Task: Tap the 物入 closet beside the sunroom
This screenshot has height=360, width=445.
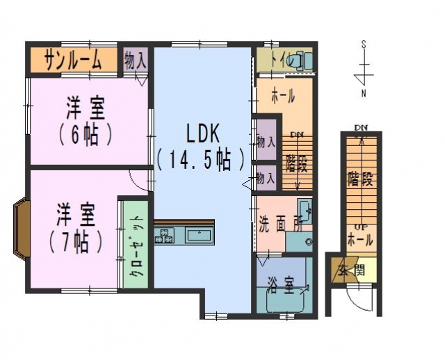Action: tap(136, 59)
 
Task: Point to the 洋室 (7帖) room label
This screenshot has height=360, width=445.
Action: tap(76, 228)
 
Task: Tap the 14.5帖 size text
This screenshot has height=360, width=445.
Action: tap(202, 160)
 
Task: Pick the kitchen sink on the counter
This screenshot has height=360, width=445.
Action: tap(198, 234)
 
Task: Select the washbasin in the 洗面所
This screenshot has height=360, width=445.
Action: tap(304, 208)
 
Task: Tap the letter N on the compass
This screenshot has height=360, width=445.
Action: tap(364, 92)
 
